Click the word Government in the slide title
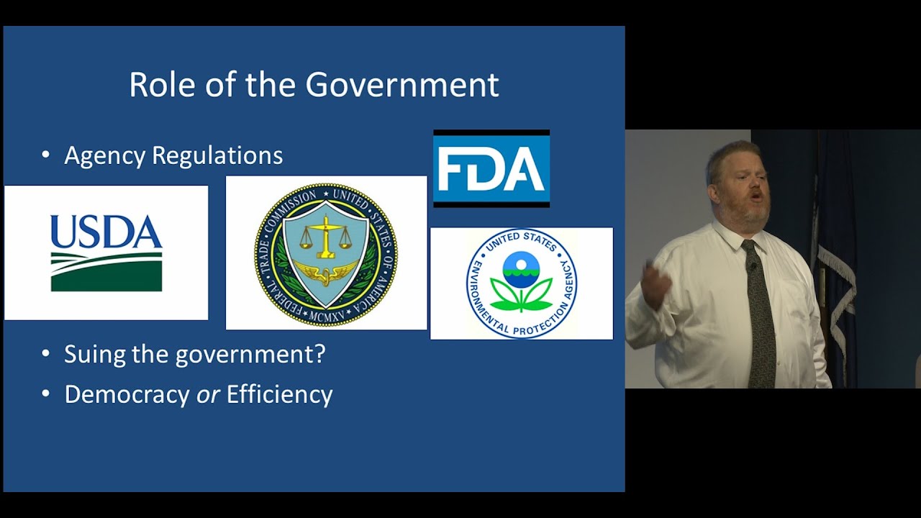(401, 85)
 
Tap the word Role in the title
(162, 85)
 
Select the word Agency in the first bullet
(105, 156)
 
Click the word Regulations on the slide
(217, 155)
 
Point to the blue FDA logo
(491, 168)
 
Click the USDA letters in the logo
(106, 231)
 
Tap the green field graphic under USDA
(106, 272)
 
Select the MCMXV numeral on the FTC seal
(327, 317)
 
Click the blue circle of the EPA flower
(522, 269)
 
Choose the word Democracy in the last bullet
(127, 395)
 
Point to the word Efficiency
(279, 395)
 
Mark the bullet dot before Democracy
(45, 393)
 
